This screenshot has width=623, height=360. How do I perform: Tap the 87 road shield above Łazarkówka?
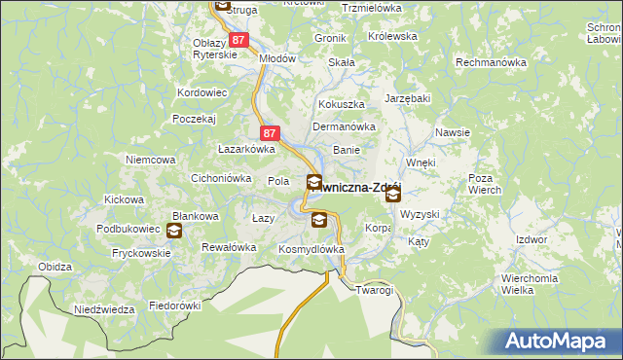point(270,132)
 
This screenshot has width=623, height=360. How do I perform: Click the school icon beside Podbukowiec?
point(173,231)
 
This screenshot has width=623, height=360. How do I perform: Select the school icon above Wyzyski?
point(392,196)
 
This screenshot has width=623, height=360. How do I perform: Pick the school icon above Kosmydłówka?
point(318,221)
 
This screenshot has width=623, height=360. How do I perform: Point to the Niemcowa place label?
point(150,159)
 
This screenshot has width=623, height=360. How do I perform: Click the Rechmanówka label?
point(492,62)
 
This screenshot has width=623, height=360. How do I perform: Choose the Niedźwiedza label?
point(104,309)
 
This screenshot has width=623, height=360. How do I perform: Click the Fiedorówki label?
point(174,306)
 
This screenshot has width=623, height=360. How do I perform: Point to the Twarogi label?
point(374,290)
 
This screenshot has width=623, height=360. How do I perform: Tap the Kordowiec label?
point(202,92)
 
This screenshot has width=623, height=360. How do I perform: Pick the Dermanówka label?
point(343,126)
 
